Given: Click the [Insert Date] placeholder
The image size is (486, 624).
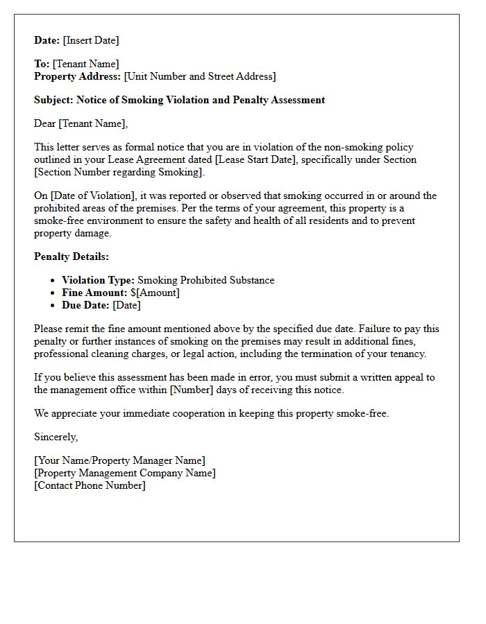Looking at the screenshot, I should [92, 40].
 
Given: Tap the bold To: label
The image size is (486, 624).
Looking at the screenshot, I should [42, 64].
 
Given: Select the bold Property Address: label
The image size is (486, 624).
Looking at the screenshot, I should [78, 76].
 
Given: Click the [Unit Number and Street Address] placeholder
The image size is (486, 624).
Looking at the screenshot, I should [200, 76].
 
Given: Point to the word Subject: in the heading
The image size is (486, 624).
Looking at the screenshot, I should [53, 100].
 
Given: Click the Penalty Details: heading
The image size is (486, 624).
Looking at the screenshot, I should [72, 257].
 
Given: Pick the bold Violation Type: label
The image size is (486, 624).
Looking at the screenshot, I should [98, 280].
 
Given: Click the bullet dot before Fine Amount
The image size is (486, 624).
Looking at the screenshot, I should [53, 293].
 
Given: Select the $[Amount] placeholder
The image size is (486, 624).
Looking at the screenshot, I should [155, 293].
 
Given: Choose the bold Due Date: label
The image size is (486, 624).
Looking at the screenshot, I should [85, 305].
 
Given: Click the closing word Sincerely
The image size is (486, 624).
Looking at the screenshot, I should [56, 437].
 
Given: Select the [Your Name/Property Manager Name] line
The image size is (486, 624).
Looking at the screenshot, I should [119, 460].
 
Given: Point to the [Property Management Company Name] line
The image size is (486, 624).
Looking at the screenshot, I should [125, 473].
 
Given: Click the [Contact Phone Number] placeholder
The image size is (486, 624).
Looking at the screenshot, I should [90, 485].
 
